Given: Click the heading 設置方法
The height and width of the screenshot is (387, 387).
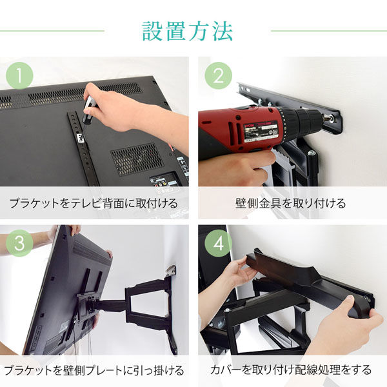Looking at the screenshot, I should pyautogui.click(x=187, y=30).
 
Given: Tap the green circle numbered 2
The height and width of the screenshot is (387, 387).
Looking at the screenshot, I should pyautogui.click(x=217, y=76).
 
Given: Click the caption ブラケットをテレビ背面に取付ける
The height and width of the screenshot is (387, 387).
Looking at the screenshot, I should pyautogui.click(x=94, y=203).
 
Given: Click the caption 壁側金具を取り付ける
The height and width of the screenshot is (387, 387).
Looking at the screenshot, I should pyautogui.click(x=291, y=203).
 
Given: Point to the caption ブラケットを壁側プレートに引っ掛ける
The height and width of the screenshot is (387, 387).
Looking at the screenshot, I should pyautogui.click(x=94, y=370).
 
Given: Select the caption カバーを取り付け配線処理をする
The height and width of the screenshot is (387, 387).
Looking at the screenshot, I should pyautogui.click(x=291, y=370).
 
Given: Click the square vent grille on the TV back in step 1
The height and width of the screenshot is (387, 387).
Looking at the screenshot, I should pyautogui.click(x=136, y=159).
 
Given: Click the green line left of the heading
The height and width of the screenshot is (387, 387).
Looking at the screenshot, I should pyautogui.click(x=52, y=30).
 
